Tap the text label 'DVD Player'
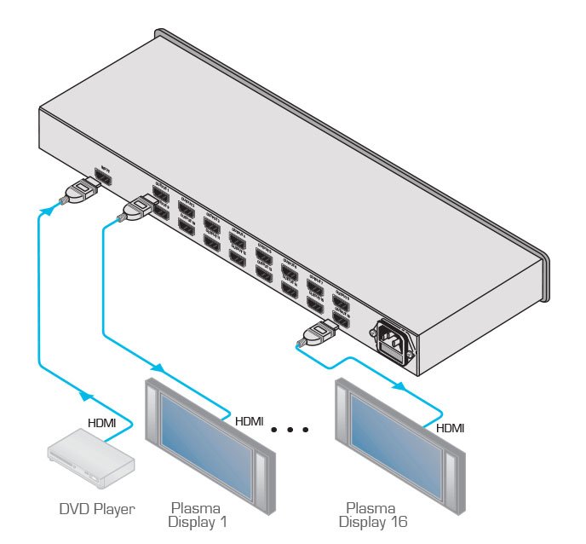click(x=96, y=510)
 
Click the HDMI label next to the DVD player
click(x=108, y=422)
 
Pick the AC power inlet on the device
click(x=393, y=341)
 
